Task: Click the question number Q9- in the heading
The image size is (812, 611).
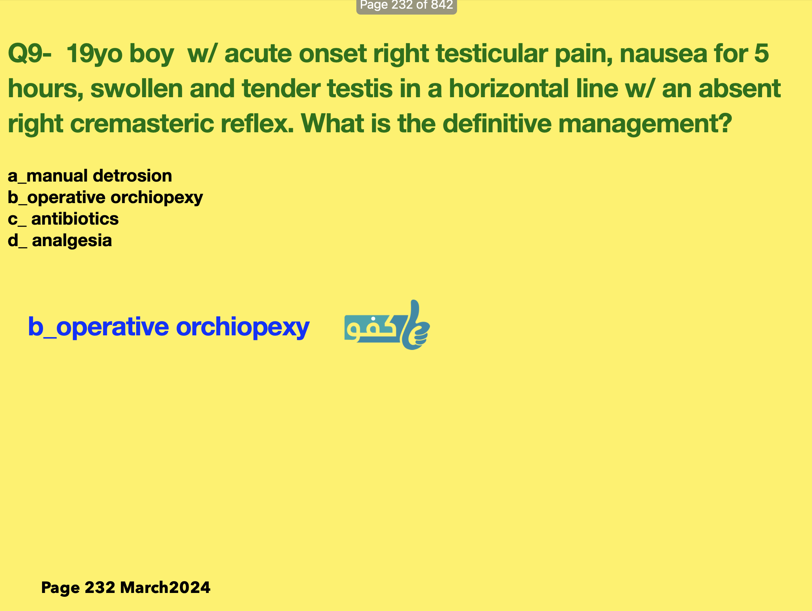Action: [x=30, y=53]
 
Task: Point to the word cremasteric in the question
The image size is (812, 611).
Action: [x=142, y=123]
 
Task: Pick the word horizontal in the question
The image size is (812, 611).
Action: [x=509, y=89]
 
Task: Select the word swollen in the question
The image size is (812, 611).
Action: [x=136, y=89]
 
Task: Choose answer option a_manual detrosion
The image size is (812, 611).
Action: [x=90, y=176]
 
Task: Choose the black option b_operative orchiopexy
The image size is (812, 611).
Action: [x=105, y=198]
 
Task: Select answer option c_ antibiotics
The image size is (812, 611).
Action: [x=63, y=219]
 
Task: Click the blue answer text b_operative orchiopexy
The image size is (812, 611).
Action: [x=169, y=327]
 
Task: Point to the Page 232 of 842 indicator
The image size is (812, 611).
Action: [x=406, y=6]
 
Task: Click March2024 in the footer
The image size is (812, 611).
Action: [x=165, y=587]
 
